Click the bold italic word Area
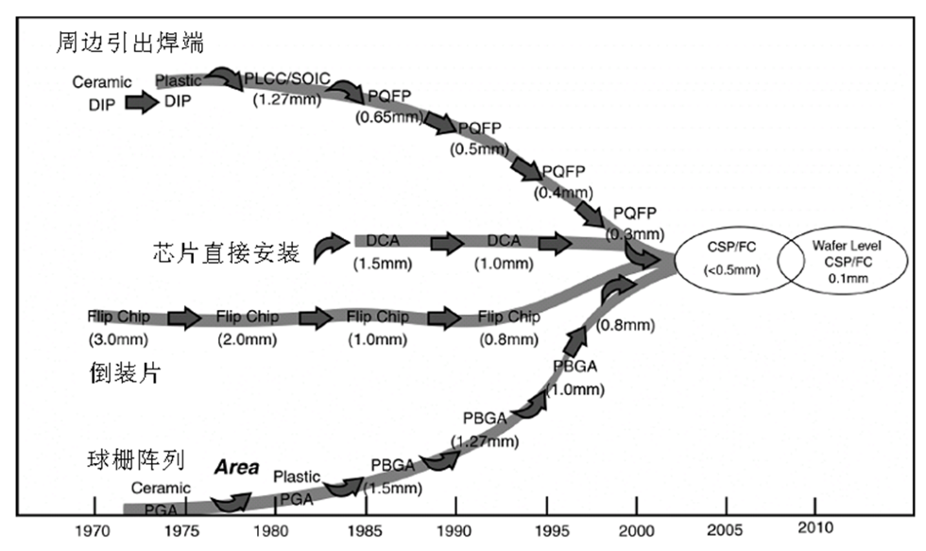point(236,467)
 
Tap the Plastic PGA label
point(298,486)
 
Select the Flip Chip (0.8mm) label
point(509,326)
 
